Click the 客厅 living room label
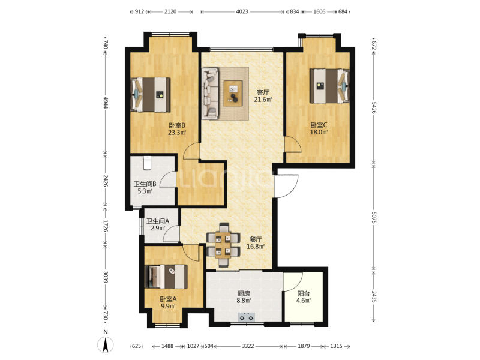point(263,92)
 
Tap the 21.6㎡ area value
point(263,100)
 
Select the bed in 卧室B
point(151,94)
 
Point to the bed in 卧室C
point(329,86)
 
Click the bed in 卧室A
point(166,277)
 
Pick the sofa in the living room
point(210,94)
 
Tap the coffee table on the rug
point(233,94)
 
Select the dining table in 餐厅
point(223,244)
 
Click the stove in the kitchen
point(247,317)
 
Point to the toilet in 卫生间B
point(147,163)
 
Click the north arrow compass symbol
point(106,346)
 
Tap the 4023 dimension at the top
point(242,12)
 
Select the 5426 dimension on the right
point(373,108)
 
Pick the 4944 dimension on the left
point(106,102)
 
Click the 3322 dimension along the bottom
point(248,346)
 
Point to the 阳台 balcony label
point(304,293)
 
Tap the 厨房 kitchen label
point(244,293)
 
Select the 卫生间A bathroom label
point(158,221)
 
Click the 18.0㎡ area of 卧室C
point(319,132)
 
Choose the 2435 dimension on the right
point(373,296)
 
